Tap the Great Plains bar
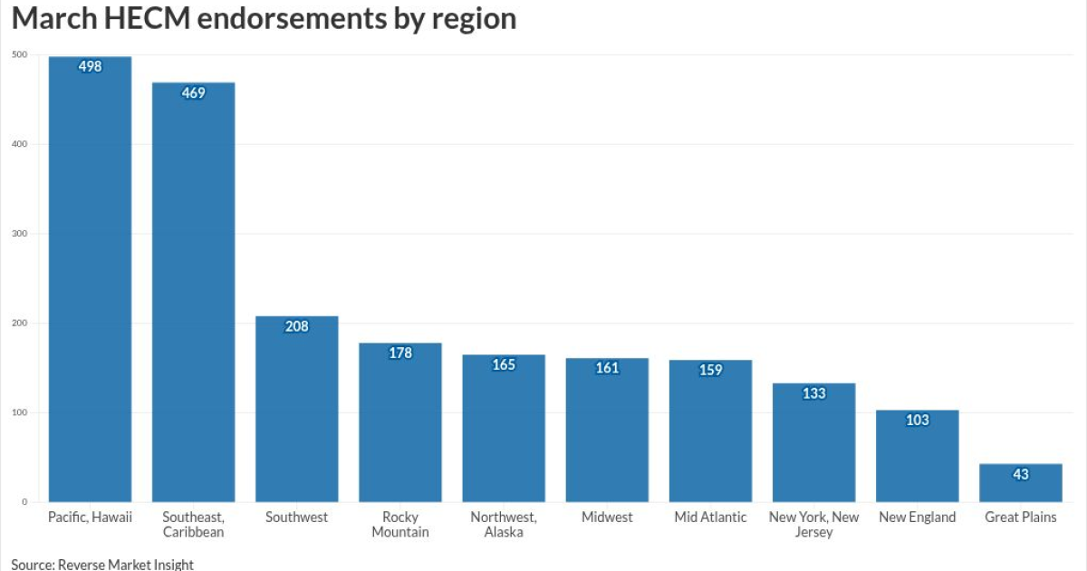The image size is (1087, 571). pyautogui.click(x=1020, y=485)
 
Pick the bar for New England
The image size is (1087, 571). pyautogui.click(x=917, y=458)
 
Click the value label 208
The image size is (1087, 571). pyautogui.click(x=296, y=326)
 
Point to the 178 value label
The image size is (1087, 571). pyautogui.click(x=399, y=353)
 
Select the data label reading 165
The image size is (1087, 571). pyautogui.click(x=504, y=365)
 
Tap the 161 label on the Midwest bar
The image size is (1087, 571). pyautogui.click(x=607, y=369)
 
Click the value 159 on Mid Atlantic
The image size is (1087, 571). pyautogui.click(x=710, y=371)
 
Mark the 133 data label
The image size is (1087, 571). pyautogui.click(x=813, y=393)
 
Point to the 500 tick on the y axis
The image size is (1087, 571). pyautogui.click(x=19, y=55)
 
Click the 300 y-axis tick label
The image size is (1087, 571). pyautogui.click(x=19, y=234)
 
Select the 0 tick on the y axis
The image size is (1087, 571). pyautogui.click(x=24, y=502)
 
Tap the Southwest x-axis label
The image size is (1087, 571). pyautogui.click(x=296, y=518)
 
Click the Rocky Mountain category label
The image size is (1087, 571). pyautogui.click(x=399, y=525)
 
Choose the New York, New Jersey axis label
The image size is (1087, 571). pyautogui.click(x=813, y=525)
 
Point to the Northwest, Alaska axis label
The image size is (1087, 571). pyautogui.click(x=504, y=525)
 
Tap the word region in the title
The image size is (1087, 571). pyautogui.click(x=471, y=18)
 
